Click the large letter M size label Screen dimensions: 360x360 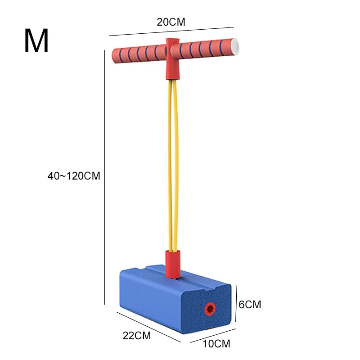pyautogui.click(x=36, y=40)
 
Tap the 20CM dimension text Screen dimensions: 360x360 pyautogui.click(x=171, y=22)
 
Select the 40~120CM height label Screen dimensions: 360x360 pyautogui.click(x=74, y=176)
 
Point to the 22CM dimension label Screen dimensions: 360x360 pyautogui.click(x=137, y=336)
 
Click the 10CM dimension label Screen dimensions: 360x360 pyautogui.click(x=216, y=344)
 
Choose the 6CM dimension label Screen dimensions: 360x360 pyautogui.click(x=250, y=305)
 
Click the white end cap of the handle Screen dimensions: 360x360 pyautogui.click(x=235, y=47)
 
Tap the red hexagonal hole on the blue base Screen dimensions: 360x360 pyautogui.click(x=210, y=309)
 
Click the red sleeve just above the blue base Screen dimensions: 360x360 pyautogui.click(x=173, y=265)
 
